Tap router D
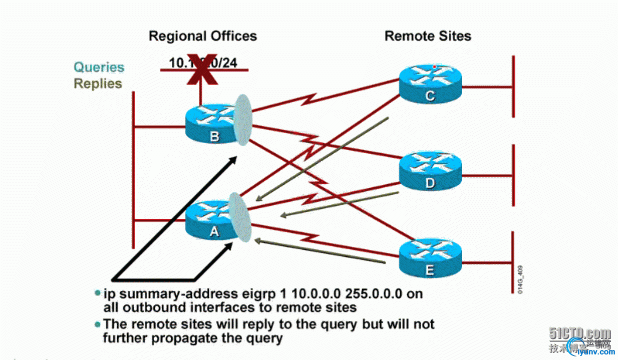tap(430, 173)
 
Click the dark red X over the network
tap(201, 70)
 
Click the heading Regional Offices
tap(203, 36)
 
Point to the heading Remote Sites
tap(428, 36)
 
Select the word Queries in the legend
tap(99, 67)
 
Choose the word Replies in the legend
tap(98, 83)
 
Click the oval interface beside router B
tap(242, 120)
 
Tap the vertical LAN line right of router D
tap(513, 175)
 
